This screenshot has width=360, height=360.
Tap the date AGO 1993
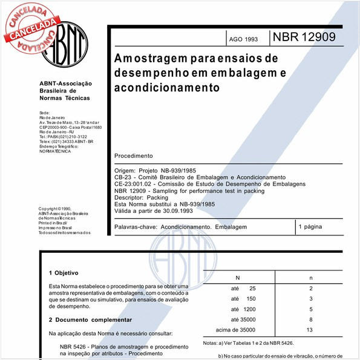(243, 39)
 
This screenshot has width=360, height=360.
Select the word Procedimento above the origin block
(134, 155)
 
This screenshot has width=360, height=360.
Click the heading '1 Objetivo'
(64, 273)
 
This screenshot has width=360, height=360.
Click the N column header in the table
(237, 278)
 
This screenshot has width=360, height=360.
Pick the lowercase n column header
(310, 278)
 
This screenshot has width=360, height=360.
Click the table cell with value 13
(310, 330)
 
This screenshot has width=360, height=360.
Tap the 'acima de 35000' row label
(236, 330)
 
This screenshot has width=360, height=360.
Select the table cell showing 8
(310, 319)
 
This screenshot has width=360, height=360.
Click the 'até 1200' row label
(244, 309)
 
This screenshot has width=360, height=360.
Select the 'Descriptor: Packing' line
(142, 197)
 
